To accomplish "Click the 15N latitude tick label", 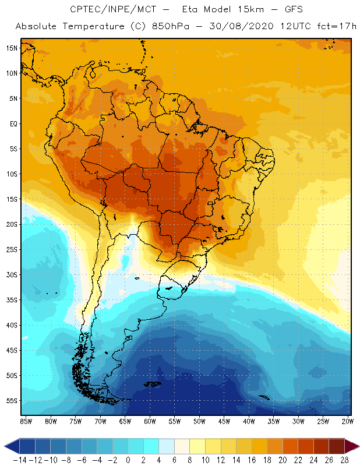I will pos(11,48).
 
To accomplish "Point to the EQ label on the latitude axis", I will pos(12,123).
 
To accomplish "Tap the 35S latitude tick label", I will pos(11,300).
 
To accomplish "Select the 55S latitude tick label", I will pos(11,401).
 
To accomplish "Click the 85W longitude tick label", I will pos(26,421).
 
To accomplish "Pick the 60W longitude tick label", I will pos(150,421).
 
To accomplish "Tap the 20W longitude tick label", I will pos(348,421).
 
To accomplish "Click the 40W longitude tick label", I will pos(249,421).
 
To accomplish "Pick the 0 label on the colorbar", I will pos(128,460).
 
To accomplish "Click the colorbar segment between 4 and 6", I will pos(167,446).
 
